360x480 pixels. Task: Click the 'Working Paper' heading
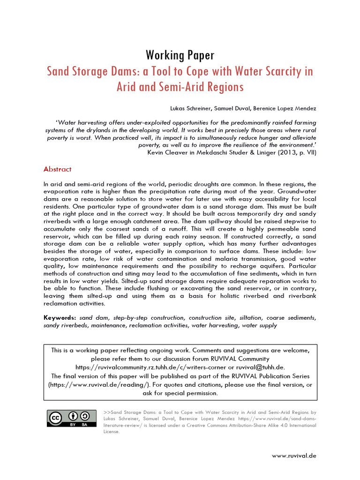point(180,55)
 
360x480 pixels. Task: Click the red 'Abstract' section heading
point(58,169)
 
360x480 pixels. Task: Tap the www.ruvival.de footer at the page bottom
point(294,455)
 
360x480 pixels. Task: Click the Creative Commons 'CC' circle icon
point(56,417)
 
